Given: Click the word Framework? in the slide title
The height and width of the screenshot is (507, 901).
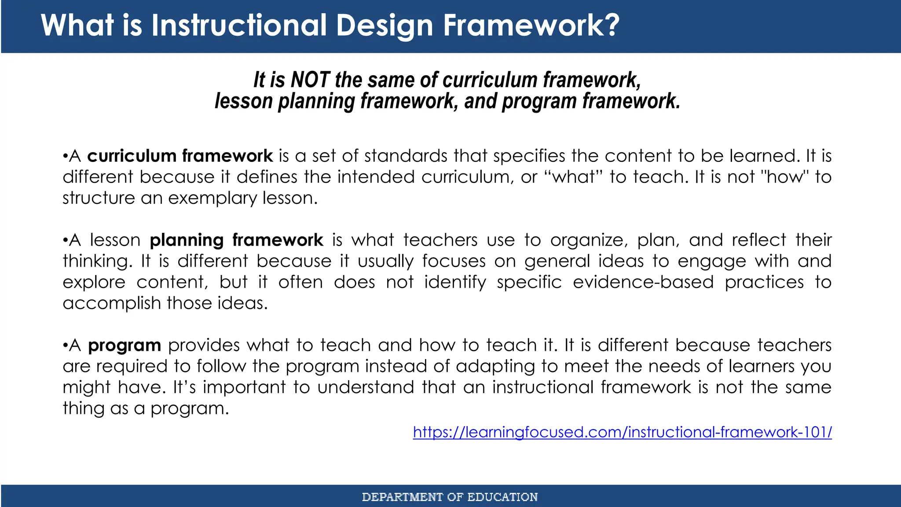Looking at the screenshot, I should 531,25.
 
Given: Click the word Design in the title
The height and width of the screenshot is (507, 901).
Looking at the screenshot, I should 385,25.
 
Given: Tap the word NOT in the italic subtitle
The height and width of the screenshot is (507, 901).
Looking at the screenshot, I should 310,80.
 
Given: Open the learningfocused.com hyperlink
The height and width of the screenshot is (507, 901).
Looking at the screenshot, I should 622,432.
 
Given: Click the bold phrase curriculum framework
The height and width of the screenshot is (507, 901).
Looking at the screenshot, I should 180,156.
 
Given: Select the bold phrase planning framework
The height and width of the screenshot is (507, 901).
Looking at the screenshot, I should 236,240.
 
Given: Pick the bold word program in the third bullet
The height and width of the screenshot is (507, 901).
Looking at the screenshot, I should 125,345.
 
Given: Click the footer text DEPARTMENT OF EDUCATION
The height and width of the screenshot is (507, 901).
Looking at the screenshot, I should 450,497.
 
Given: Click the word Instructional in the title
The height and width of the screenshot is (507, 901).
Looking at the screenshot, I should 239,25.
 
